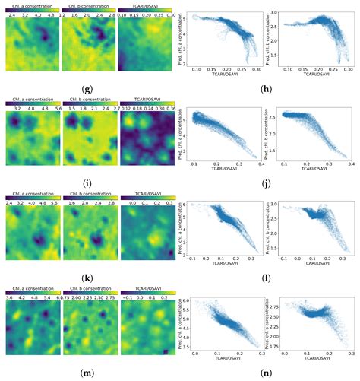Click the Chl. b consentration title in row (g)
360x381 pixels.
(89, 5)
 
